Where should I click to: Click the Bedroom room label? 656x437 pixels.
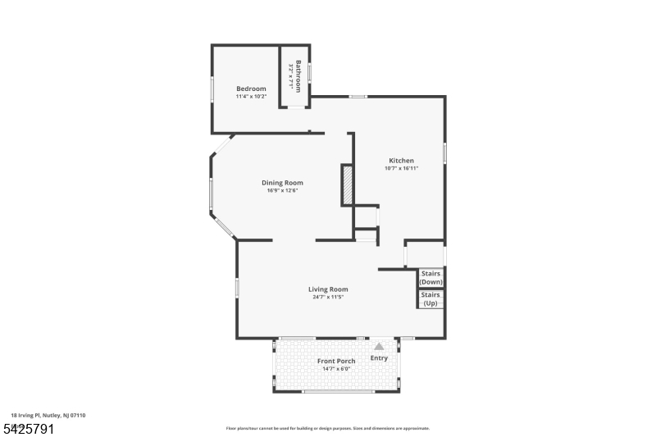[x=251, y=89]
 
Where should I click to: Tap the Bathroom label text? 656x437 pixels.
[x=298, y=76]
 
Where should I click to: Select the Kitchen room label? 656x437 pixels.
[x=401, y=161]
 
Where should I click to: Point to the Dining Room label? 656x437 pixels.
[x=282, y=183]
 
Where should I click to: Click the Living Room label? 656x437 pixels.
[x=328, y=289]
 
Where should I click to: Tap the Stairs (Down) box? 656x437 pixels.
[x=431, y=277]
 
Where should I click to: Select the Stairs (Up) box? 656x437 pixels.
[x=431, y=298]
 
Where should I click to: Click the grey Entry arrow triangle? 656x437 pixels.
[x=379, y=348]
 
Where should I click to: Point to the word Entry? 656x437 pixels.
[x=379, y=358]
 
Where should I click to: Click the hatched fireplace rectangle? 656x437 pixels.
[x=347, y=184]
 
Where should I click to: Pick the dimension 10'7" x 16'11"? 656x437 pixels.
[x=401, y=169]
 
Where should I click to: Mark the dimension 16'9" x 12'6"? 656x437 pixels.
[x=282, y=191]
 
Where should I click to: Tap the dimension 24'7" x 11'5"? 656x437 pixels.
[x=328, y=297]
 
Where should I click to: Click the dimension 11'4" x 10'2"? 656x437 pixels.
[x=251, y=97]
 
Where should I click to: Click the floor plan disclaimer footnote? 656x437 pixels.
[x=327, y=428]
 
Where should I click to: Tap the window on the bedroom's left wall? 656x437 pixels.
[x=212, y=89]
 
